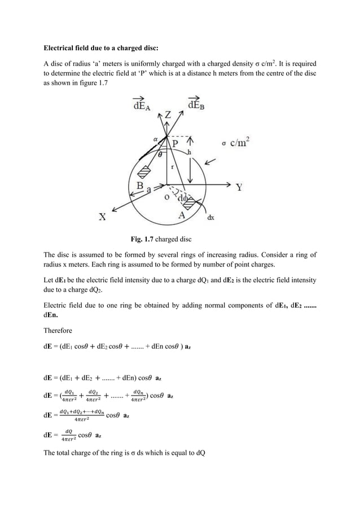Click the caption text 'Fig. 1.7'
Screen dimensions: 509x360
pyautogui.click(x=143, y=238)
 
